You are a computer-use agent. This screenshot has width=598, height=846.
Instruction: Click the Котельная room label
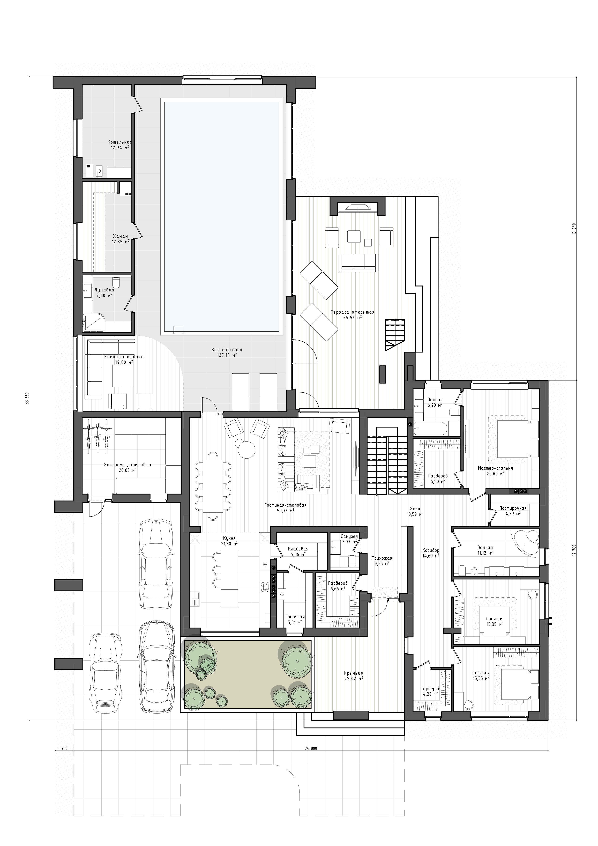(x=119, y=142)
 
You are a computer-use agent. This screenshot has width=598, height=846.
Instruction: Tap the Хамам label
(x=120, y=236)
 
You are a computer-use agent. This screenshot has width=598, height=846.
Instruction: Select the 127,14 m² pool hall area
(x=227, y=355)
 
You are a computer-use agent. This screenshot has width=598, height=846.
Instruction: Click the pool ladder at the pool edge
(x=179, y=329)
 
